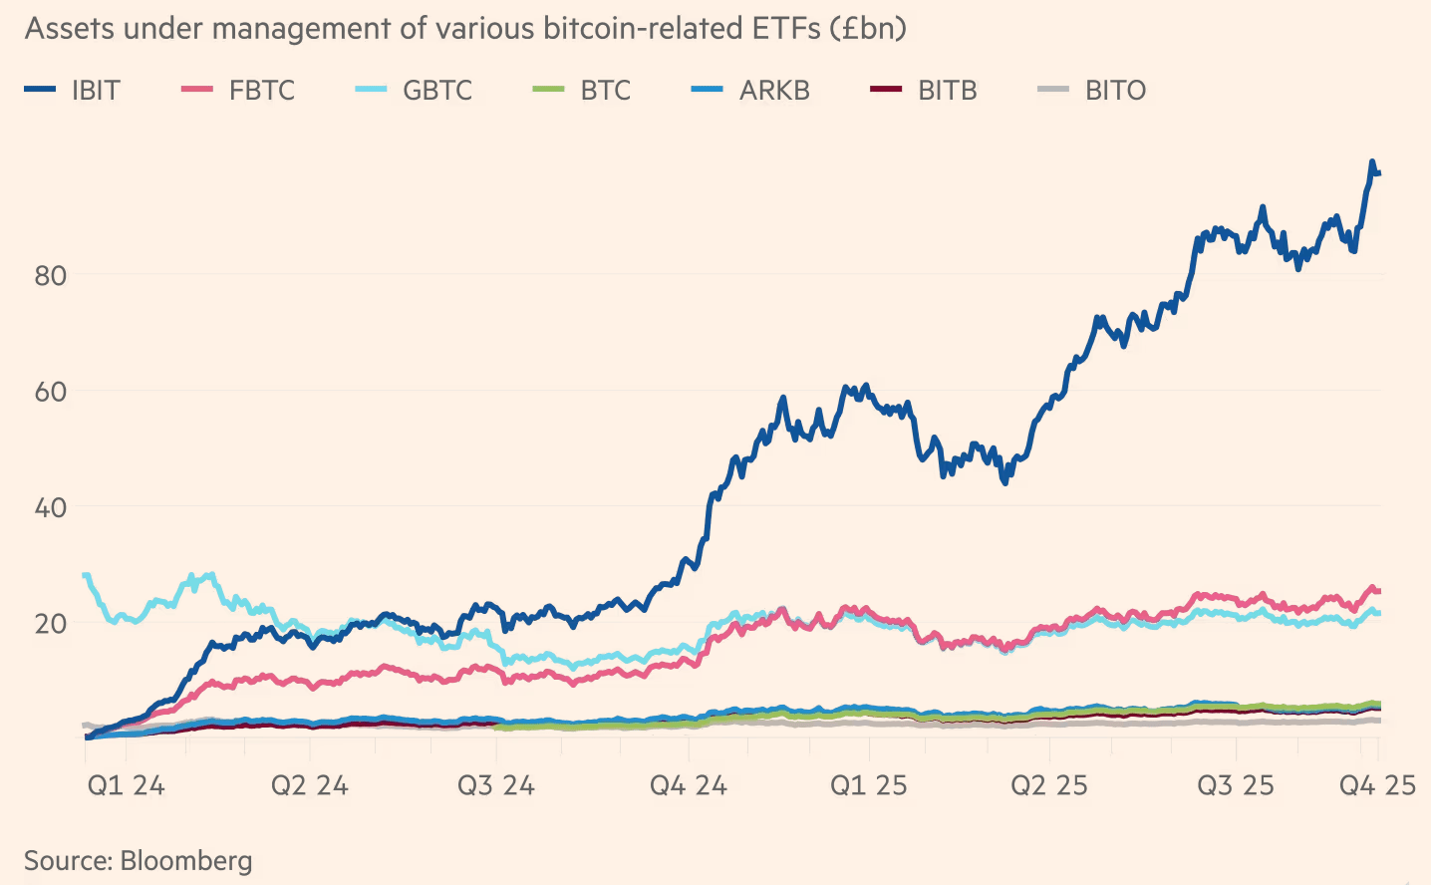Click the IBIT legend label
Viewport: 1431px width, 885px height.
pyautogui.click(x=96, y=91)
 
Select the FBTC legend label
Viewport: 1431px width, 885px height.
pyautogui.click(x=262, y=91)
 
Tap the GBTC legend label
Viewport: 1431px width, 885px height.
pyautogui.click(x=437, y=91)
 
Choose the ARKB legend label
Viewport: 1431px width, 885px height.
pyautogui.click(x=774, y=91)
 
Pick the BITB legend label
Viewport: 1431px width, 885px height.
pyautogui.click(x=948, y=91)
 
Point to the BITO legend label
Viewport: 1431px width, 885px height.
pyautogui.click(x=1115, y=91)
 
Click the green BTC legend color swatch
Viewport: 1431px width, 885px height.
pyautogui.click(x=548, y=91)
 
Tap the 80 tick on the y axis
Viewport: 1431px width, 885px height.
pyautogui.click(x=51, y=276)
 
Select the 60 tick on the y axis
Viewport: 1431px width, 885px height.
pyautogui.click(x=51, y=392)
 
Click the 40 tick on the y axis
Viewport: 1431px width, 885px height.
pyautogui.click(x=51, y=507)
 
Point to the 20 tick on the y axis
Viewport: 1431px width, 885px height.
pyautogui.click(x=51, y=624)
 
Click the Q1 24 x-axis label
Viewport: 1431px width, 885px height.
pyautogui.click(x=126, y=785)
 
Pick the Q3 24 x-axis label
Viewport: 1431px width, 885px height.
pyautogui.click(x=496, y=785)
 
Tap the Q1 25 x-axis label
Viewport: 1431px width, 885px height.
pyautogui.click(x=869, y=785)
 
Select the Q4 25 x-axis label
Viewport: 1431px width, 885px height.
pyautogui.click(x=1377, y=785)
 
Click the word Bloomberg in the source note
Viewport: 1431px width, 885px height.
pyautogui.click(x=186, y=860)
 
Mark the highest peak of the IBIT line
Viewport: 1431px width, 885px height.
pyautogui.click(x=1372, y=161)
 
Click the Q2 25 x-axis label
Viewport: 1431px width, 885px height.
pyautogui.click(x=1049, y=785)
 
